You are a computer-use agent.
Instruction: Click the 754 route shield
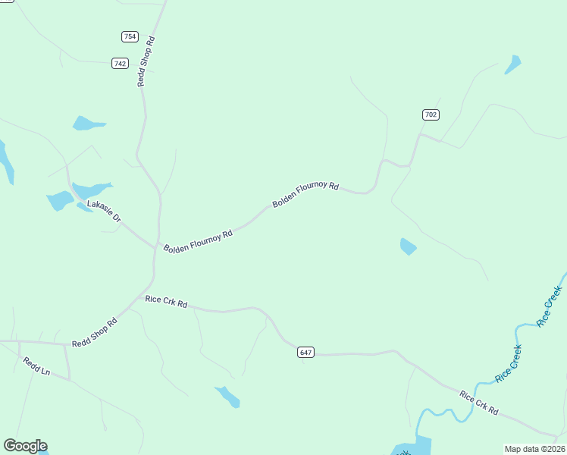click(x=130, y=36)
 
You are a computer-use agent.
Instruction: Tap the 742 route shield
click(x=120, y=63)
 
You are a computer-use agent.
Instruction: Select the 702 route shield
click(x=431, y=115)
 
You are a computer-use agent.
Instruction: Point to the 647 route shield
click(x=305, y=352)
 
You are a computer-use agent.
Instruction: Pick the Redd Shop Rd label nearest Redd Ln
click(x=95, y=333)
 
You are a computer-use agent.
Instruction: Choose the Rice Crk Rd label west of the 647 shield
click(x=166, y=301)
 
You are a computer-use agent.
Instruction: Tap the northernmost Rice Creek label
click(x=550, y=306)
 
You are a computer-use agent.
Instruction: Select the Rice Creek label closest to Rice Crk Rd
click(x=508, y=363)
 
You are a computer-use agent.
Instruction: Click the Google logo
click(x=25, y=446)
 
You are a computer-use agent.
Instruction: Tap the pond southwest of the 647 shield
click(x=227, y=397)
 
